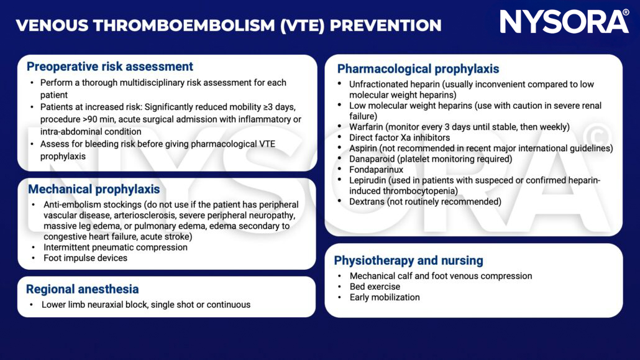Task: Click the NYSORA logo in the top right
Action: [x=564, y=22]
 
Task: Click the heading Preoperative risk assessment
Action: [x=110, y=67]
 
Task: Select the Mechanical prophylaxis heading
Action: [x=93, y=189]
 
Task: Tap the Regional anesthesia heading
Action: [x=82, y=289]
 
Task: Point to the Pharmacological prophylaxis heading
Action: [x=418, y=69]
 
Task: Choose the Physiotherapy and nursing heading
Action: [x=408, y=261]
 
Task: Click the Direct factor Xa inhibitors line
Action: [x=399, y=137]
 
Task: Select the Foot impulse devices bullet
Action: [x=85, y=257]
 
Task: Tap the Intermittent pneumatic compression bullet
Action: [x=115, y=247]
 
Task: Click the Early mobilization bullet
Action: [x=385, y=297]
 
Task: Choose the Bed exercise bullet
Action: [x=375, y=287]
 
